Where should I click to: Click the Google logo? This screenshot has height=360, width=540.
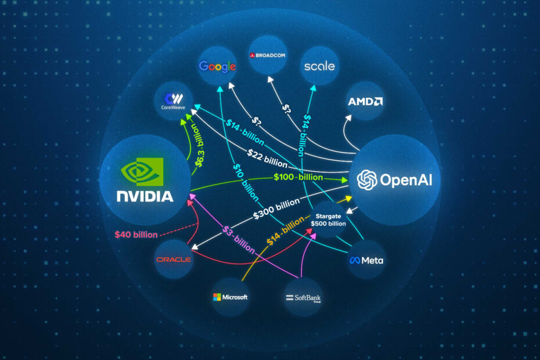(x=217, y=66)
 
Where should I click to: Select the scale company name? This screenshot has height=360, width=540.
(x=319, y=66)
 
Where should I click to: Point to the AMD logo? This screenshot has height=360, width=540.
(x=365, y=102)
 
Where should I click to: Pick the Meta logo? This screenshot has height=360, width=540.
(x=366, y=260)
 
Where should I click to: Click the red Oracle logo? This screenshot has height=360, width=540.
(x=173, y=259)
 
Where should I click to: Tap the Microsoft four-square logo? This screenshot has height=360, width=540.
(x=217, y=297)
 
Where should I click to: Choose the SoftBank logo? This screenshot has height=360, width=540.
(x=303, y=298)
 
